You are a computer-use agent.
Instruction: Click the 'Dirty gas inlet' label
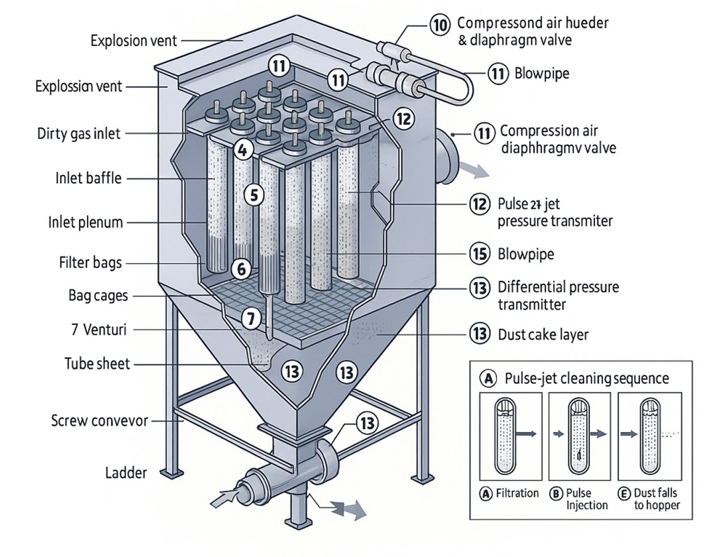click(x=78, y=133)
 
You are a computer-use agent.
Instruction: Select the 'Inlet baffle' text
click(x=88, y=178)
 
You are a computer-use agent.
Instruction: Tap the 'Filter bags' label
click(x=90, y=263)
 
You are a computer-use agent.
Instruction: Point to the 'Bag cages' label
click(x=98, y=295)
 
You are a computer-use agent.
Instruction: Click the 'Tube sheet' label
click(x=97, y=364)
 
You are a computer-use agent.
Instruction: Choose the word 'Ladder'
click(x=126, y=472)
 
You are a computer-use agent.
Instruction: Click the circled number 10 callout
click(x=439, y=25)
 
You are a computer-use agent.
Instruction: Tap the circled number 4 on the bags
click(x=242, y=150)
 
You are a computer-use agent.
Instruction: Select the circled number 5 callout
click(x=254, y=195)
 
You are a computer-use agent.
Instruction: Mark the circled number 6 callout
click(x=242, y=269)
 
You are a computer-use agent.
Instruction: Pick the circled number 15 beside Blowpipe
click(x=480, y=254)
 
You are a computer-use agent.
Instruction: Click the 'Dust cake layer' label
click(x=543, y=335)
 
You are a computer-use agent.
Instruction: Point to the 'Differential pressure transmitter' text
click(x=557, y=295)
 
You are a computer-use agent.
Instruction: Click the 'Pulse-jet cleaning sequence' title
click(x=586, y=379)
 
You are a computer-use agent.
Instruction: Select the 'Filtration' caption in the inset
click(x=517, y=493)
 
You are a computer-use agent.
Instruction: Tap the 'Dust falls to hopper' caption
click(x=656, y=499)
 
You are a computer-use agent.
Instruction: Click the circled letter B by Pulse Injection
click(x=556, y=493)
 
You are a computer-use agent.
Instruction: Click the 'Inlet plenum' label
click(x=85, y=222)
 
